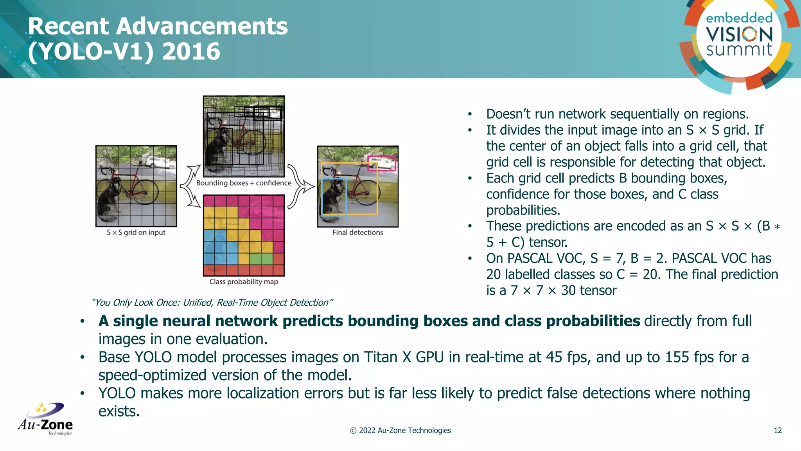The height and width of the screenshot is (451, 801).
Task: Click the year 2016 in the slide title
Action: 191,52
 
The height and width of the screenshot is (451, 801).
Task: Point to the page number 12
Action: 778,431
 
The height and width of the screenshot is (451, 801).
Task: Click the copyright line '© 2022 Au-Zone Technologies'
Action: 400,431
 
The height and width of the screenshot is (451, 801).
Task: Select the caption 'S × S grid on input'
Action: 136,233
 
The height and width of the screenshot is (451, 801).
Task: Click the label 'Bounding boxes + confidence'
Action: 244,183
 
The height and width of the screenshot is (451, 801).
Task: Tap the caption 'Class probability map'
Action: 244,282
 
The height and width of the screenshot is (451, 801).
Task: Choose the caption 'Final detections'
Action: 357,233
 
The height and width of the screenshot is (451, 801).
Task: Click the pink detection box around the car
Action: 382,163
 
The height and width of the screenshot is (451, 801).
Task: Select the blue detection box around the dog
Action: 334,197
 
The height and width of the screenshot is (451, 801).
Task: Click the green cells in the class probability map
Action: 261,258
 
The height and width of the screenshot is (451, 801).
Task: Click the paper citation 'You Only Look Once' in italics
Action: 212,303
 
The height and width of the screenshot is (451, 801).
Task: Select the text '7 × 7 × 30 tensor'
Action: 563,290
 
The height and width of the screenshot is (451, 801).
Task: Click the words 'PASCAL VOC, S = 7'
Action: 565,258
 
